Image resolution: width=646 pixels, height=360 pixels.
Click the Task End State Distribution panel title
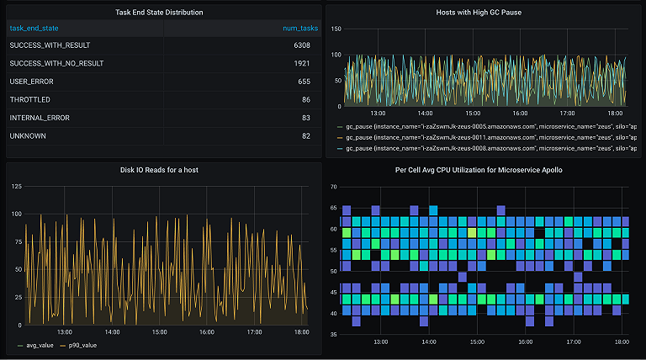(159, 13)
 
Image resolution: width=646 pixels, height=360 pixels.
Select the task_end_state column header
(34, 28)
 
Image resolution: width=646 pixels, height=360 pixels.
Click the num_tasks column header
(299, 28)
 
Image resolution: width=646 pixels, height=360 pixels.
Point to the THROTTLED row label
(30, 99)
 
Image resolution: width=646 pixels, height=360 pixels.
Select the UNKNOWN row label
(28, 135)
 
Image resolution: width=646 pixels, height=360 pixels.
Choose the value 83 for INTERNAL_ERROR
(305, 118)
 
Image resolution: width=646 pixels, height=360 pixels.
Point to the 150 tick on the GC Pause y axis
(336, 29)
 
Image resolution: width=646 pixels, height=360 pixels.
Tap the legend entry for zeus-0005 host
(488, 124)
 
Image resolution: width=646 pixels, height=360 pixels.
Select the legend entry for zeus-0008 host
(488, 147)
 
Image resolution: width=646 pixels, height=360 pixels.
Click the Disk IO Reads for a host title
(159, 170)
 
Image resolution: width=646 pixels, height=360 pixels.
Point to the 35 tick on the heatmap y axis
(334, 334)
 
